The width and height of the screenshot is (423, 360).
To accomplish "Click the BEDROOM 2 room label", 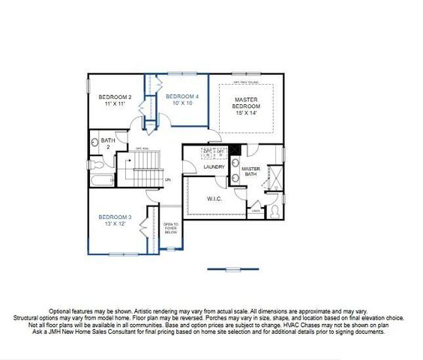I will pyautogui.click(x=115, y=97).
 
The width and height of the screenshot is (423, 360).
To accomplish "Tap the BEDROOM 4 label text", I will pyautogui.click(x=181, y=97).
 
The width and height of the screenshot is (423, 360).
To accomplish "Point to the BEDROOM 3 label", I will pyautogui.click(x=115, y=217).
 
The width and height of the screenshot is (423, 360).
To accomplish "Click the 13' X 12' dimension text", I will pyautogui.click(x=115, y=224).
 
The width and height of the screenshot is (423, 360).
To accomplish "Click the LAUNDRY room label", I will pyautogui.click(x=214, y=166).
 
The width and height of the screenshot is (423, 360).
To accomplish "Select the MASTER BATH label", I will pyautogui.click(x=250, y=172).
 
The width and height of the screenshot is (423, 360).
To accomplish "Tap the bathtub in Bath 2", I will pyautogui.click(x=100, y=179).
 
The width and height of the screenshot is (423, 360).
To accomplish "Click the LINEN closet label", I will pyautogui.click(x=256, y=211).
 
